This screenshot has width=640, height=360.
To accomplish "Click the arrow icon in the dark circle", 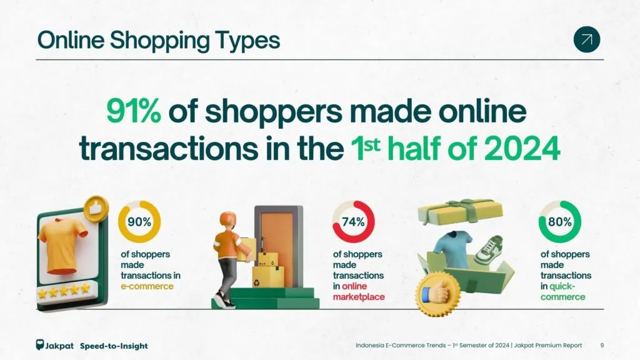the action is pyautogui.click(x=586, y=39).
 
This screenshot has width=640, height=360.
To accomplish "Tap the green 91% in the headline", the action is pyautogui.click(x=134, y=111).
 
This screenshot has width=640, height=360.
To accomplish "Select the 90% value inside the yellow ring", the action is pyautogui.click(x=139, y=222).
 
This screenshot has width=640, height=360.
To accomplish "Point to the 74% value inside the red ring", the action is pyautogui.click(x=353, y=222).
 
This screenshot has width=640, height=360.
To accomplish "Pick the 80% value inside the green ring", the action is pyautogui.click(x=559, y=222).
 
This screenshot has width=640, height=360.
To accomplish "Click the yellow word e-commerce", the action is pyautogui.click(x=147, y=286).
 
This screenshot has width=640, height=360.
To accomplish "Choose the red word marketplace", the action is pyautogui.click(x=359, y=297).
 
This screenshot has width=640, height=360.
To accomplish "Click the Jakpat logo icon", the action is pyautogui.click(x=39, y=345).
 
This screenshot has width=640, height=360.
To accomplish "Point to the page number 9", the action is pyautogui.click(x=602, y=345).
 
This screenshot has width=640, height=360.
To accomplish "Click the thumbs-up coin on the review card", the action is pyautogui.click(x=96, y=209).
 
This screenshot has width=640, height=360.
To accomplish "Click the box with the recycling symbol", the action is pyautogui.click(x=267, y=277).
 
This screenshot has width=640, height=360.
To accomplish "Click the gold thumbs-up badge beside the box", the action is pyautogui.click(x=438, y=294).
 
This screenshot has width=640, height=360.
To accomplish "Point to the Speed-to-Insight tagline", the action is pyautogui.click(x=114, y=346).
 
